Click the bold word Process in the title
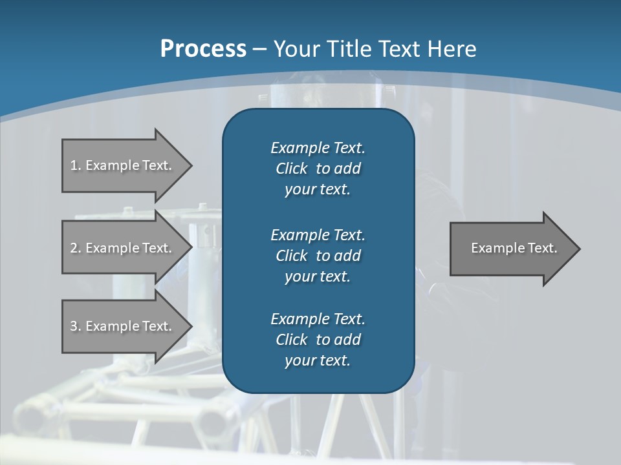(x=203, y=49)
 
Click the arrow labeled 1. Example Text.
(x=123, y=165)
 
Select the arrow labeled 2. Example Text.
(x=123, y=248)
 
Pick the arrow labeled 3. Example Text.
(x=123, y=326)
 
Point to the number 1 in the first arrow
(x=74, y=165)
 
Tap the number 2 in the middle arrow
(x=74, y=248)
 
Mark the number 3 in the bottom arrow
(x=74, y=326)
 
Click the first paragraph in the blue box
(x=318, y=169)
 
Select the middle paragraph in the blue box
(x=318, y=256)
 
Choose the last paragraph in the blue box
(x=318, y=340)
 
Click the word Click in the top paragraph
(x=291, y=169)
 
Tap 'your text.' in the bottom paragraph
(x=318, y=361)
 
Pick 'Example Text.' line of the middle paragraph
(x=318, y=235)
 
